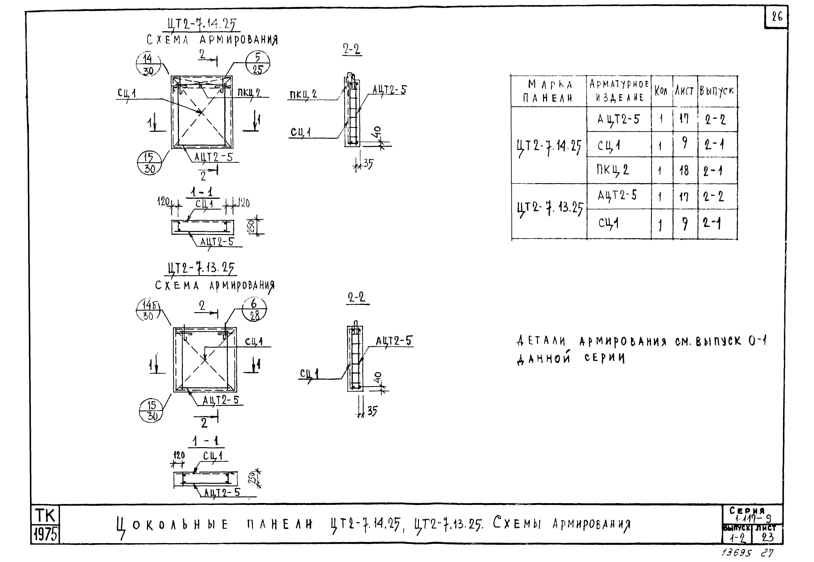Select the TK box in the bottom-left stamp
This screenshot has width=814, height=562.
45,516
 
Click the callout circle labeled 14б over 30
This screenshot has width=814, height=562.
148,310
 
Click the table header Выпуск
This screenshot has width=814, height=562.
717,91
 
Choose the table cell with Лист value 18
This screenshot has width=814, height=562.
684,170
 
